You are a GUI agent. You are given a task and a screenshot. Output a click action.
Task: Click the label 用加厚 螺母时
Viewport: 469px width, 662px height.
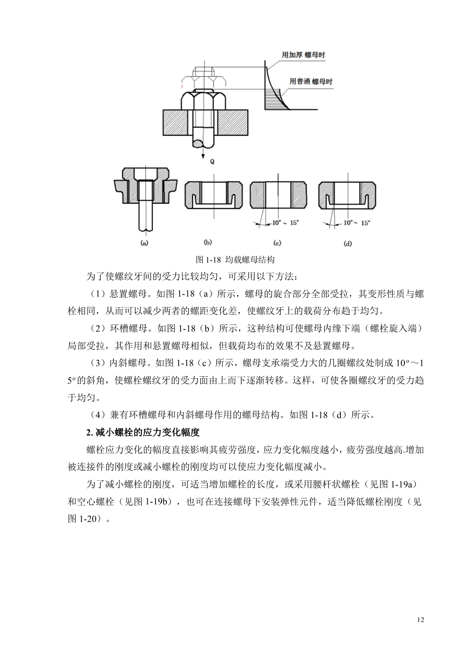(303, 55)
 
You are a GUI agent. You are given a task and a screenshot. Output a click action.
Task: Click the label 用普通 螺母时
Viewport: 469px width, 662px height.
(311, 82)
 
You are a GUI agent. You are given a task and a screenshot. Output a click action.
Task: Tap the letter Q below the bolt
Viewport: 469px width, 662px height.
(212, 161)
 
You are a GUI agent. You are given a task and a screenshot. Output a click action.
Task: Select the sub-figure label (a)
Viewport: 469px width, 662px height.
(144, 243)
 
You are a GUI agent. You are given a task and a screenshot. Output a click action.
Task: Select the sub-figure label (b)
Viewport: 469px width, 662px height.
(208, 242)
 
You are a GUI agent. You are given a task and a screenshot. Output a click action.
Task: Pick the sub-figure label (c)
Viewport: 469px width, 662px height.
(277, 243)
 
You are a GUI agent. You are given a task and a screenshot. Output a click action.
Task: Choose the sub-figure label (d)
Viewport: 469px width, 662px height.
(347, 243)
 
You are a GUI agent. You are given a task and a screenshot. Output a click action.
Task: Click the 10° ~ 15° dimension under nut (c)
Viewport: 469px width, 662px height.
(285, 223)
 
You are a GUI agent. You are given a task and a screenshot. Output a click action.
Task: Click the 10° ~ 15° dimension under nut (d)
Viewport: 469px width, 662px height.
(356, 223)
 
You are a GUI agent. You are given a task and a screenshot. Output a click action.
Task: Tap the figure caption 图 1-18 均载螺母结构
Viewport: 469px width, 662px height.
(235, 260)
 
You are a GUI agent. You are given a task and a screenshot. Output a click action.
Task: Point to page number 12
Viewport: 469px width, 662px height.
(421, 620)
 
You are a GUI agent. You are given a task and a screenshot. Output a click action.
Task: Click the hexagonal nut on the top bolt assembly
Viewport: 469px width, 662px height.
(204, 101)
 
